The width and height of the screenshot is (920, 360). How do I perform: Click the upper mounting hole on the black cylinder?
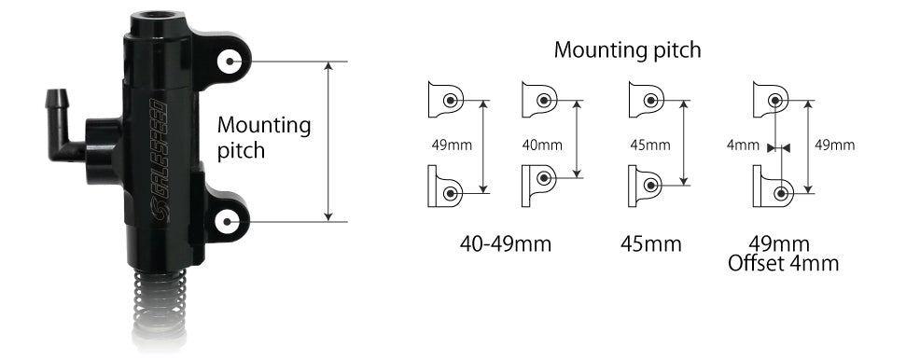[230, 62]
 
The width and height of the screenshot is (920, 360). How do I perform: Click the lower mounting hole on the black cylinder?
[230, 222]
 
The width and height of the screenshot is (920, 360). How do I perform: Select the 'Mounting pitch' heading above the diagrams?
[627, 49]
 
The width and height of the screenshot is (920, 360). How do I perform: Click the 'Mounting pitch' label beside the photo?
[263, 137]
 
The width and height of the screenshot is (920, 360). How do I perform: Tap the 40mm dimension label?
[541, 145]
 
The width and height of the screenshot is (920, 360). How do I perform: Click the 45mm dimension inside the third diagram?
[650, 145]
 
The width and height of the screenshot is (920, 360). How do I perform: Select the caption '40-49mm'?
[506, 244]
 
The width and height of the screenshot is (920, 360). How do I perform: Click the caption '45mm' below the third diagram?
[650, 244]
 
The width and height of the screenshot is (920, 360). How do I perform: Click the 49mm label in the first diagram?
[452, 145]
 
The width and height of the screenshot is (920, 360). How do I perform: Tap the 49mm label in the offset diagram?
[834, 145]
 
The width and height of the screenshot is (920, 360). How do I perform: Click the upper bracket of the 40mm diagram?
[539, 99]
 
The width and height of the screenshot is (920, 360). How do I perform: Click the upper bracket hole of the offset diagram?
[775, 99]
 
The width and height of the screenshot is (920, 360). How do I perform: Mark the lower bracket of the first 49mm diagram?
[445, 188]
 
